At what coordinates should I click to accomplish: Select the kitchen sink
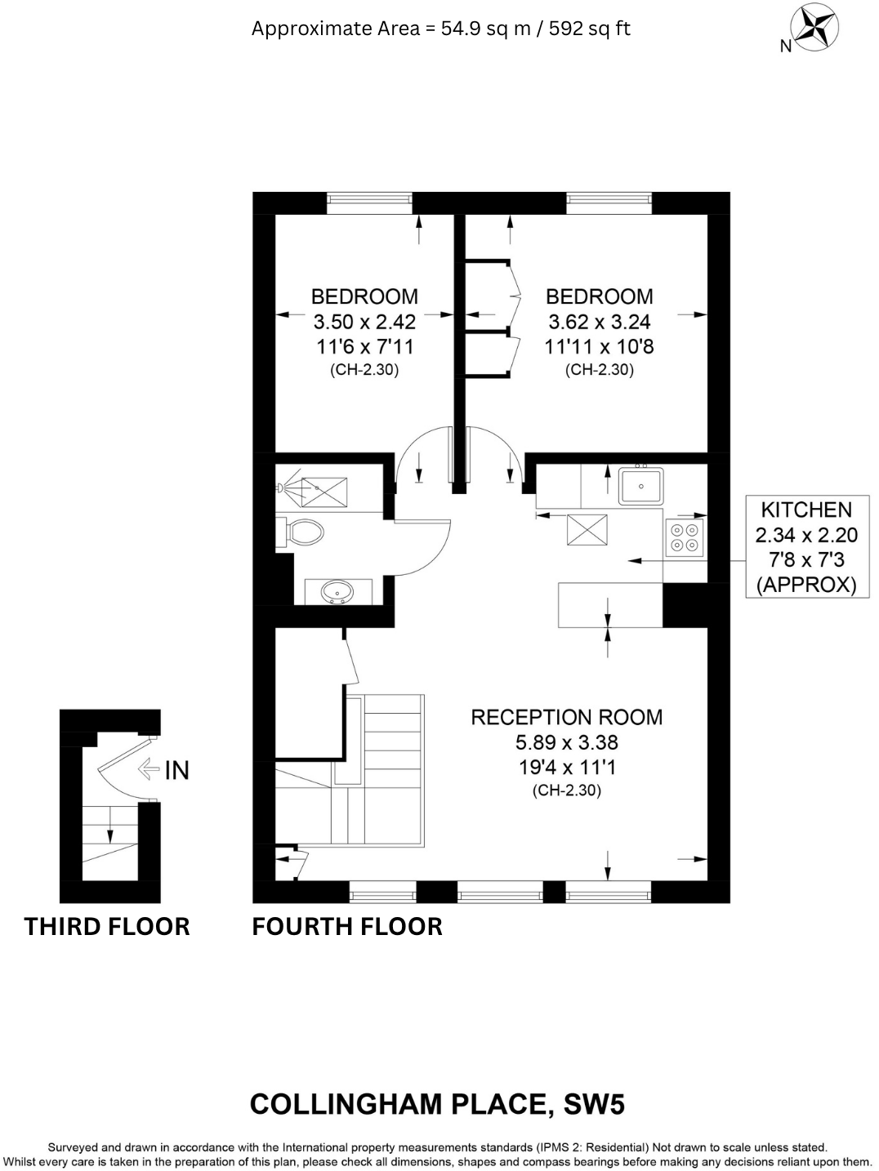(x=640, y=486)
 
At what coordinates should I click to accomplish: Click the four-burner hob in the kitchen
(x=685, y=537)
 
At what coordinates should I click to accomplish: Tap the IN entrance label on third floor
(x=176, y=770)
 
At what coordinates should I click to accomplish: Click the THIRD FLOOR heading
(x=107, y=926)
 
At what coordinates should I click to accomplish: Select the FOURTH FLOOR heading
(x=347, y=926)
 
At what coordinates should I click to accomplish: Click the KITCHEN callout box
(x=805, y=546)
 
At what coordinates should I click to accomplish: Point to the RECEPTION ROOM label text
(x=566, y=717)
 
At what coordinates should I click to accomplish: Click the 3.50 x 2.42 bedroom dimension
(x=364, y=322)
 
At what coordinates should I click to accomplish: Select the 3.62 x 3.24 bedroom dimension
(x=599, y=322)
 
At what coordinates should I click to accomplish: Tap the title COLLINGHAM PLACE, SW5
(x=437, y=1104)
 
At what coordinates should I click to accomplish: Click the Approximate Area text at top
(x=440, y=29)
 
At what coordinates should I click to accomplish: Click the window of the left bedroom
(x=369, y=203)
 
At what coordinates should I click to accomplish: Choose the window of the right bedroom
(x=609, y=203)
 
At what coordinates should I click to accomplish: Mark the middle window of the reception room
(x=500, y=892)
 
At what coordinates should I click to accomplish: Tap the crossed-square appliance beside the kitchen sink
(x=587, y=530)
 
